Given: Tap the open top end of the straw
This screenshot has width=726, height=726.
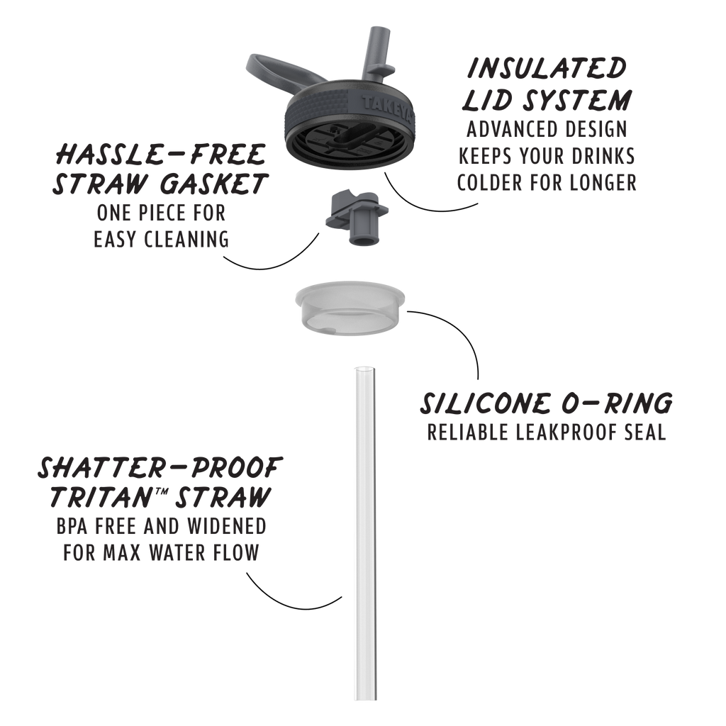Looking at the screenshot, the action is tap(365, 369).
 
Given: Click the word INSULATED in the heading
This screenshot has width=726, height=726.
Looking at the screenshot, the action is tap(547, 68).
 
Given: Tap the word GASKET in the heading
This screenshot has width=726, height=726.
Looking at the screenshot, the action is tap(214, 184).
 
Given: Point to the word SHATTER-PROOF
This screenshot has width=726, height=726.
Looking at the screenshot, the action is tap(160, 468).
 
